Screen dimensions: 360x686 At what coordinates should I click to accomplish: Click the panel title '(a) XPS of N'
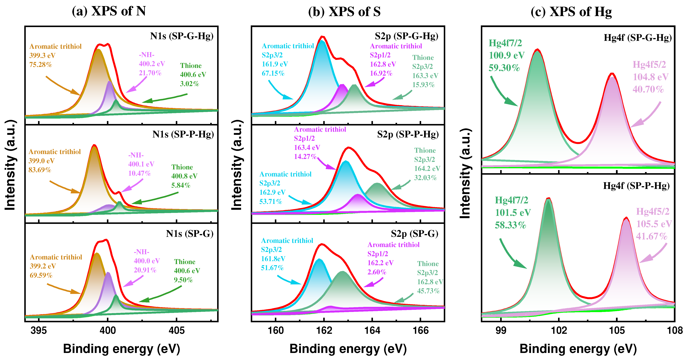[109, 11]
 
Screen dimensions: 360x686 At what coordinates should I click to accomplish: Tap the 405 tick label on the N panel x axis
[177, 330]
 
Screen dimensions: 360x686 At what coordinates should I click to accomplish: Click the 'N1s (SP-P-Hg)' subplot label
[183, 134]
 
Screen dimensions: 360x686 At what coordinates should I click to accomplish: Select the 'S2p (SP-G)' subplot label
[414, 234]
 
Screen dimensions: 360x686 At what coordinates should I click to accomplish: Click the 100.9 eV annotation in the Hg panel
[507, 55]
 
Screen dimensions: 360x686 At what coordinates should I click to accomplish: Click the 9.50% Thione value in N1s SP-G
[183, 280]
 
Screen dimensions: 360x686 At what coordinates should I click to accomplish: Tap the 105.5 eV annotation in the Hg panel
[654, 224]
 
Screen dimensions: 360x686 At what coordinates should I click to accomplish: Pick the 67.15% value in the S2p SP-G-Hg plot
[273, 73]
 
